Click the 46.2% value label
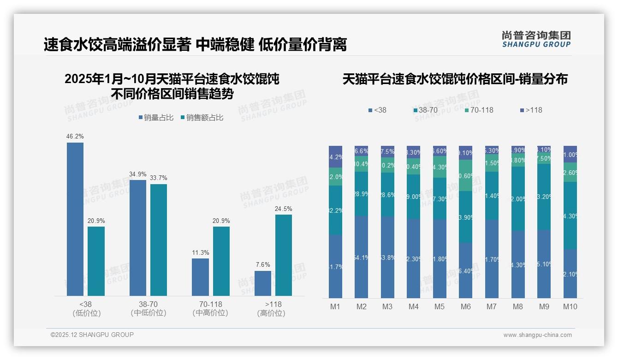[75, 137]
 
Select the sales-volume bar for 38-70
[137, 238]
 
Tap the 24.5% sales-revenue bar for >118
[283, 255]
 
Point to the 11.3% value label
[200, 252]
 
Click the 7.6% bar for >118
[262, 283]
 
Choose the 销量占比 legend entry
[156, 118]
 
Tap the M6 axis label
[465, 306]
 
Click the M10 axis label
[570, 306]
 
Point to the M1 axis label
[335, 306]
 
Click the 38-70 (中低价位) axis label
[148, 308]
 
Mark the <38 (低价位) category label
[86, 308]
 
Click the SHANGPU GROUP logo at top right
[536, 39]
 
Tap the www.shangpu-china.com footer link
[537, 335]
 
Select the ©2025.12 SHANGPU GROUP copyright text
[92, 335]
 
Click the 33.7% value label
[159, 178]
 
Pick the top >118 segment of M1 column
[335, 156]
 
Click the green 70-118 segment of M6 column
[466, 175]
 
